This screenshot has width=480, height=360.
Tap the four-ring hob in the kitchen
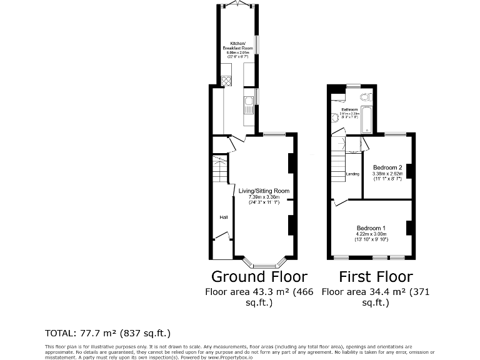point(226,80)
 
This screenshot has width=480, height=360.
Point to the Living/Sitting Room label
point(264,191)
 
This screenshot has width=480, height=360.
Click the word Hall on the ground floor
point(223,217)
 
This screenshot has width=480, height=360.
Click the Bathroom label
point(349,109)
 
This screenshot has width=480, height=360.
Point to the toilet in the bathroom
point(367,97)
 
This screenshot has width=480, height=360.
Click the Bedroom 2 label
point(387,167)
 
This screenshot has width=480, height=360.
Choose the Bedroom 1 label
point(371,227)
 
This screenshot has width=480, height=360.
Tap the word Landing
point(352,173)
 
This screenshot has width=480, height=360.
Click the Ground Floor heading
point(259,276)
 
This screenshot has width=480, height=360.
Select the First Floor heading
point(376,276)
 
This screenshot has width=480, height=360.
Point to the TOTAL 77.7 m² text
point(107,333)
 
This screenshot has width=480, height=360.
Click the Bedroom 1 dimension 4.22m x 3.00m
point(372,234)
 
